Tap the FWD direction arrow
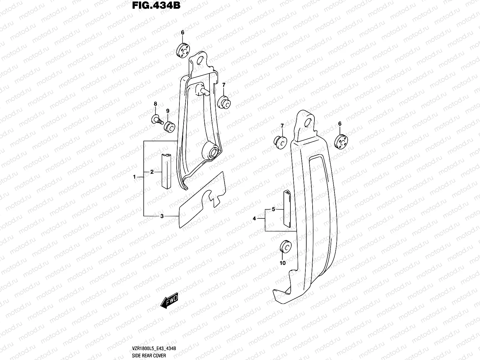pos(169,300)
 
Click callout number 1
pos(135,177)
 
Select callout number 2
pos(152,172)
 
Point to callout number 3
pos(162,216)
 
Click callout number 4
pos(254,219)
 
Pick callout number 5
pos(273,209)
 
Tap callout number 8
pos(155,104)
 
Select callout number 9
pos(168,111)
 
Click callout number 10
pos(283,263)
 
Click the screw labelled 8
pos(156,119)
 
